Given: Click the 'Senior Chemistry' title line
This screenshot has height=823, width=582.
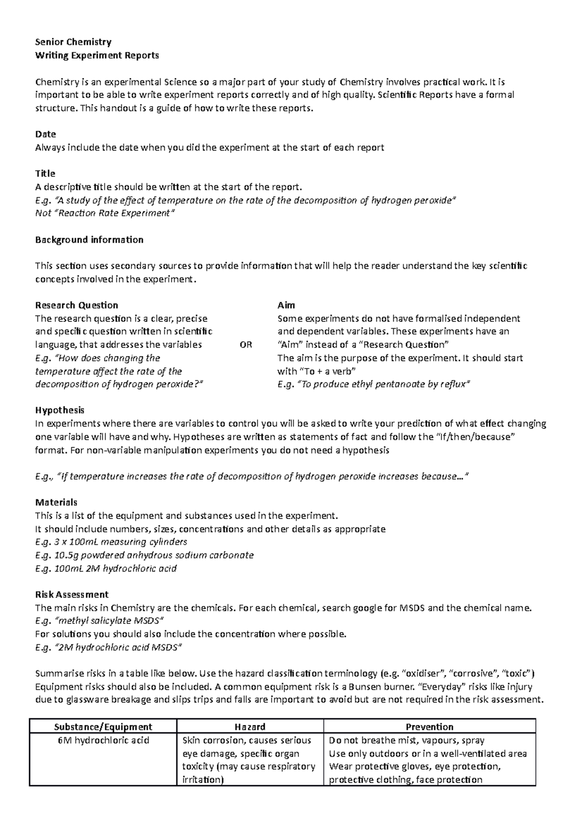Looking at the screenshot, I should [73, 42].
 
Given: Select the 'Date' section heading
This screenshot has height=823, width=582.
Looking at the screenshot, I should [46, 134].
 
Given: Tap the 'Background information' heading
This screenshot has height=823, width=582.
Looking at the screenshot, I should [89, 240].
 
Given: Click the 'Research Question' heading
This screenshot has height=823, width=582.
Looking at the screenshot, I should [77, 305].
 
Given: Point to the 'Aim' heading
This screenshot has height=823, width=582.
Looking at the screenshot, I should [286, 305].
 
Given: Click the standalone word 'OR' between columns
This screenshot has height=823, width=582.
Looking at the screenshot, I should [246, 345].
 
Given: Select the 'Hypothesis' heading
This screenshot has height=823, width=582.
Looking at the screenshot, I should [60, 411].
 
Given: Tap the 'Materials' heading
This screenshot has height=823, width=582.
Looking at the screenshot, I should [56, 503].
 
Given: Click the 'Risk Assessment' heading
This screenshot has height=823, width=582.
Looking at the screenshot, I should [72, 595].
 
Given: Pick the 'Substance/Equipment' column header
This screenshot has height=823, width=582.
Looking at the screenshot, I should [103, 727].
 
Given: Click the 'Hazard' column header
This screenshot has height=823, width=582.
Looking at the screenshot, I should [250, 727].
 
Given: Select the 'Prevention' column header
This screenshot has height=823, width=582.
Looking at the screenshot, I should [429, 727].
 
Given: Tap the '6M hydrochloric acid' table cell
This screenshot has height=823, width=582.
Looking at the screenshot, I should [103, 740].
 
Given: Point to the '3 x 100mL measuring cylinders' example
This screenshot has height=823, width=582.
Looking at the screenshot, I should [111, 542].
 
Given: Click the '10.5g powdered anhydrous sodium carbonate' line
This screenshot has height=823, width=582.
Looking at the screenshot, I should [145, 555].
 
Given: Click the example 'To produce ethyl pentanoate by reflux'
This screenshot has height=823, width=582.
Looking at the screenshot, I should [383, 384].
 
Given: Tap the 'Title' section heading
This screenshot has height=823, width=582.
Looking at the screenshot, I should [45, 174].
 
